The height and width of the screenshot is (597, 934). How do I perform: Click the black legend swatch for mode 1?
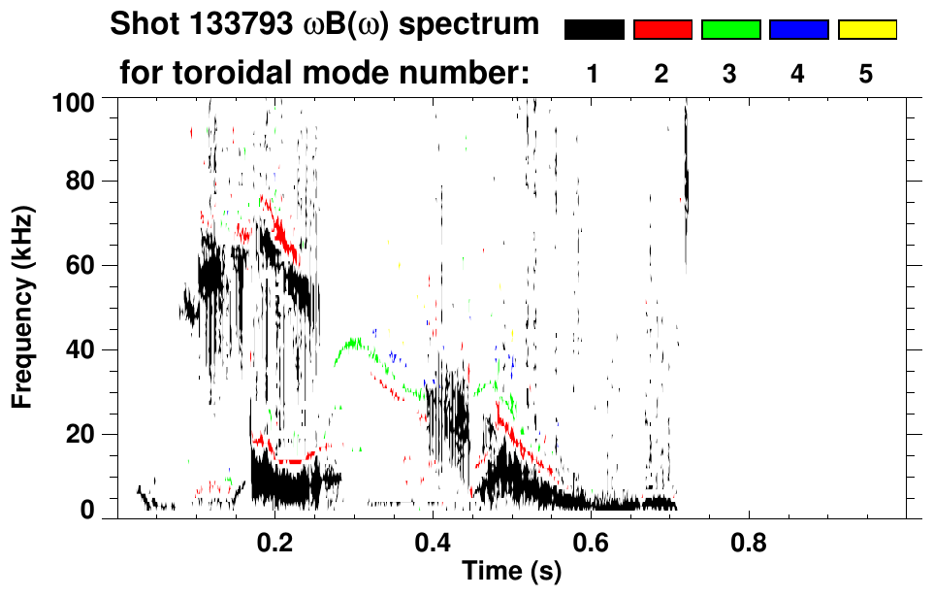click(594, 30)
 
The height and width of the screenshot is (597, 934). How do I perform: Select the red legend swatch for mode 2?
click(662, 30)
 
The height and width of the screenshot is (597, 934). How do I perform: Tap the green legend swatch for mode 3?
click(730, 30)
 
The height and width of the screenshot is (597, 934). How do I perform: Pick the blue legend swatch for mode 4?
click(798, 30)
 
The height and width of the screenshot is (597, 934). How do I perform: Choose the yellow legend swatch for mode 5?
click(866, 30)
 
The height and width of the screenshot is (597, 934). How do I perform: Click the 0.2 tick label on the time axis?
click(275, 540)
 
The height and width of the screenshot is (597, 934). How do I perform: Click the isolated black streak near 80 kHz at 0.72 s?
click(686, 180)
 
